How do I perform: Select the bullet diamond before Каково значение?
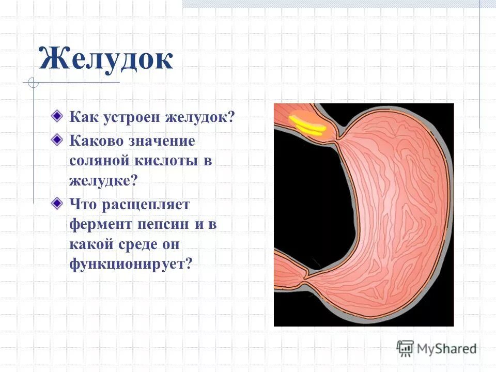tap(55, 139)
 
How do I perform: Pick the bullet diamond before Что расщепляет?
tap(55, 203)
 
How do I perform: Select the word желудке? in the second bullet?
tap(103, 181)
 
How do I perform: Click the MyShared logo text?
tap(446, 349)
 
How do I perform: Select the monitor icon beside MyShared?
tap(406, 348)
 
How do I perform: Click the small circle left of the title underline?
tap(33, 83)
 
